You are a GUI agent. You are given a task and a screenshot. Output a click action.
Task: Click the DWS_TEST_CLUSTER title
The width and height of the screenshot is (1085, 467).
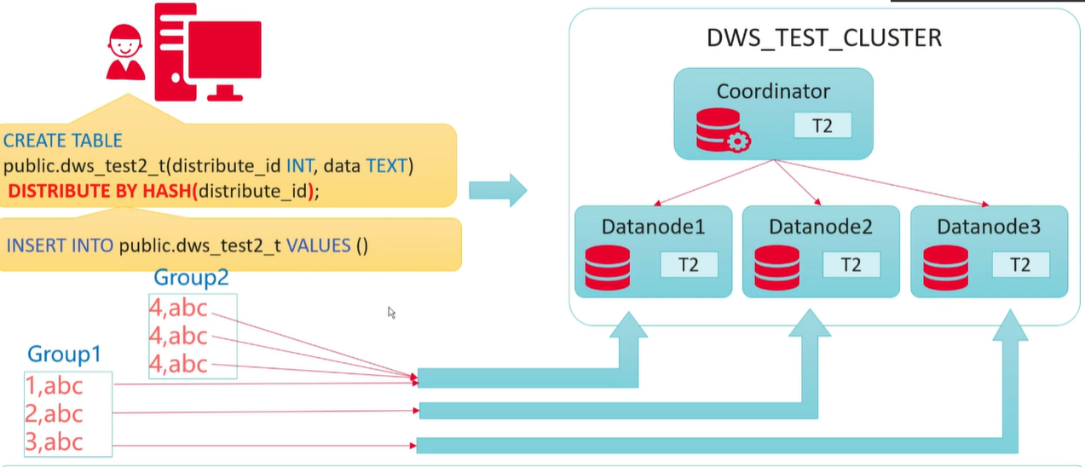824,38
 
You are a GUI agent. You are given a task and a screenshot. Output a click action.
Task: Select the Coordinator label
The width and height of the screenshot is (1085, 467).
773,91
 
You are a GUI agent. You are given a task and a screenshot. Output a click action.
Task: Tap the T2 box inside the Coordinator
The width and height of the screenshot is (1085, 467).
822,125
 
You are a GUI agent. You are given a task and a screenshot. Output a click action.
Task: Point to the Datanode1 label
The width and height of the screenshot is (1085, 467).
653,228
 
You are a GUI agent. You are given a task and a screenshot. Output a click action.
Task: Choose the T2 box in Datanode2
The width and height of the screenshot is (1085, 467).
851,265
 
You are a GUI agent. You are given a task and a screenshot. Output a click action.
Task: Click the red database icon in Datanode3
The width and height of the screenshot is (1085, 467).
945,267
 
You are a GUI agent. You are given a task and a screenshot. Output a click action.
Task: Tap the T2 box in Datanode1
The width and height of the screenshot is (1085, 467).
689,265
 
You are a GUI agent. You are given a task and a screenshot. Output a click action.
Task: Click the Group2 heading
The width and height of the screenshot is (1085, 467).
192,277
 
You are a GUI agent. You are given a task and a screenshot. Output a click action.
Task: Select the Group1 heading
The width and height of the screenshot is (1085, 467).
65,355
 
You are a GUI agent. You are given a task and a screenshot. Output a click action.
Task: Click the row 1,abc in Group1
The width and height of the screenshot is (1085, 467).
55,386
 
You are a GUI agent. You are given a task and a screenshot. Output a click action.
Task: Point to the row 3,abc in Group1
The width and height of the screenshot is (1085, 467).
55,442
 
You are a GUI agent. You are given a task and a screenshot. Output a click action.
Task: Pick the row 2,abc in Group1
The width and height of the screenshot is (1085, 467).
55,414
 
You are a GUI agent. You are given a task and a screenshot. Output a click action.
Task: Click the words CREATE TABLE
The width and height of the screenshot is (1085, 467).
63,141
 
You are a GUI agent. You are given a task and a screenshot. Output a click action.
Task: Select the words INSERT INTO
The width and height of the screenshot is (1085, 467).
61,245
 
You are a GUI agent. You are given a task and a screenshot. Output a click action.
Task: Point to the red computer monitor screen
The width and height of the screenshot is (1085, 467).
223,49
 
